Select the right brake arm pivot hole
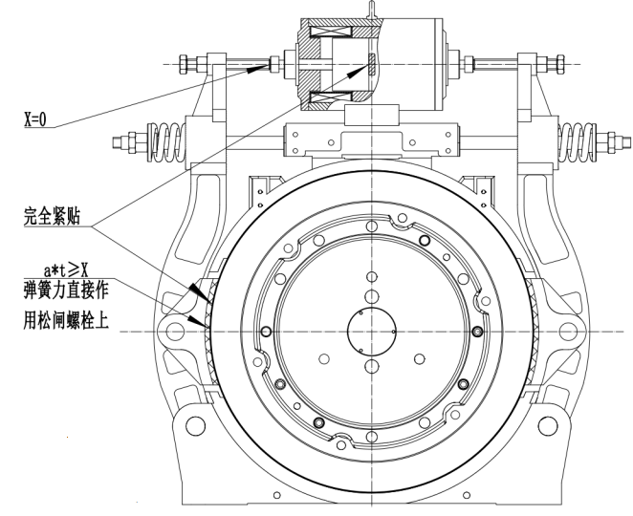point(573,332)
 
